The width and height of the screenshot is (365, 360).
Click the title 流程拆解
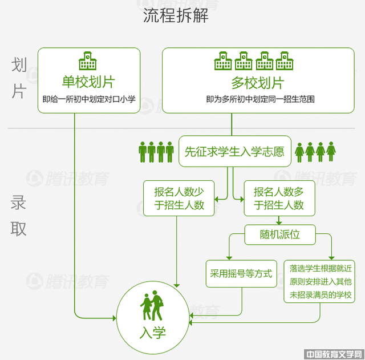(176, 15)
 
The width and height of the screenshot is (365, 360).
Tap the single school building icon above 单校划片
(88, 61)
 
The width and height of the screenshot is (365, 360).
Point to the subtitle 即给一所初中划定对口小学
(88, 99)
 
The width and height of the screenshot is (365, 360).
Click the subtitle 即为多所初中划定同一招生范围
(261, 99)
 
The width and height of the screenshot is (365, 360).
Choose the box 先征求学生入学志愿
(234, 151)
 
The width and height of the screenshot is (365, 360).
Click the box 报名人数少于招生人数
(179, 198)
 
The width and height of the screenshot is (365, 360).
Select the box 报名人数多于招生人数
(279, 198)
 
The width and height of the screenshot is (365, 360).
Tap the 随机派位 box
(279, 233)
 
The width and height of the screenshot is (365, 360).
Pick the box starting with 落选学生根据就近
(321, 281)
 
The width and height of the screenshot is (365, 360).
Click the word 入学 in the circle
(152, 332)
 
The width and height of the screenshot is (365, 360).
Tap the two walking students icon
(152, 306)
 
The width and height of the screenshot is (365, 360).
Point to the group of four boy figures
(156, 152)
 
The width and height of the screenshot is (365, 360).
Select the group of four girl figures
(315, 152)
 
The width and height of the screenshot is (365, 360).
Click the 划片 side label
(19, 78)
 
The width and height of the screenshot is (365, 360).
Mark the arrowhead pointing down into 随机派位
(279, 222)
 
